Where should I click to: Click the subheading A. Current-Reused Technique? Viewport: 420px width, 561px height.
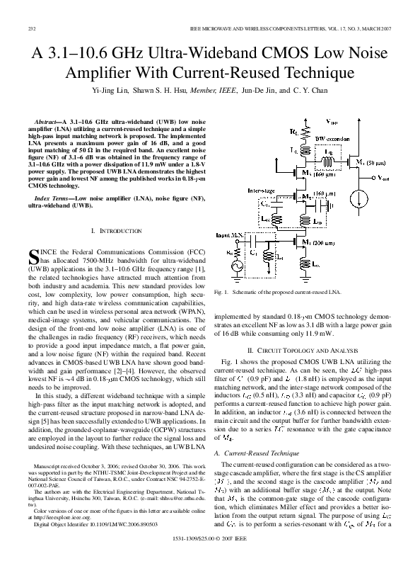[x=259, y=450]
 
